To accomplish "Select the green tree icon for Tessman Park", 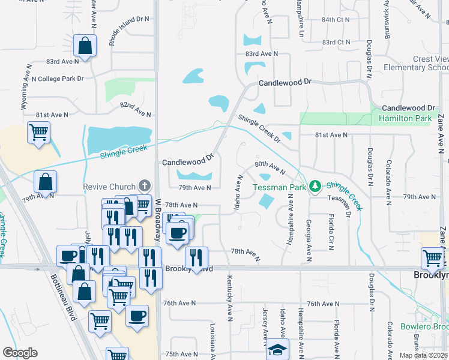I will point(315,187).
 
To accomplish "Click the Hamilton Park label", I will point(405,119).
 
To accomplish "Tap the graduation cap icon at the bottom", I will point(277,350).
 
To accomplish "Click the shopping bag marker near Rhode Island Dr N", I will point(85,46).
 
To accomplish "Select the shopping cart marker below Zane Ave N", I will point(433,259).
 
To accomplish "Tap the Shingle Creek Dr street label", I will point(259,128).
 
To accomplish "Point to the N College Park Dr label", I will point(57,79).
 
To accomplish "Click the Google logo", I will point(20,353).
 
